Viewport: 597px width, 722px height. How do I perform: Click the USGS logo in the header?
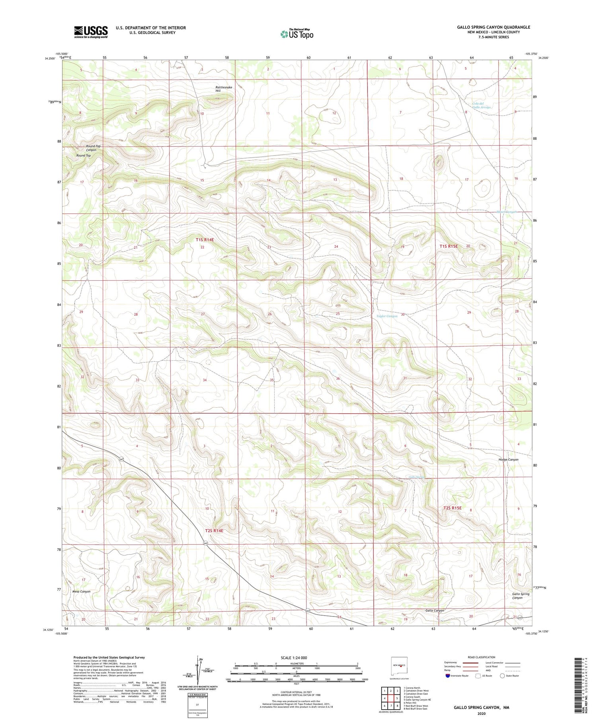(x=91, y=32)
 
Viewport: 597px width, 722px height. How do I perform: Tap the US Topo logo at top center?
(x=297, y=34)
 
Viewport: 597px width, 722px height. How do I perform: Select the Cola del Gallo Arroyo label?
(x=481, y=105)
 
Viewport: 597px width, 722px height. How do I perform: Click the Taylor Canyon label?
(x=387, y=316)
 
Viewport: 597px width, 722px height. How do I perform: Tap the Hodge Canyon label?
(x=508, y=459)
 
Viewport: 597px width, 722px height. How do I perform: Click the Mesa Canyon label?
(x=81, y=591)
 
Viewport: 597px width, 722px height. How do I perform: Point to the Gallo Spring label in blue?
(x=417, y=477)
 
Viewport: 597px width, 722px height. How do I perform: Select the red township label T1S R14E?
(x=205, y=239)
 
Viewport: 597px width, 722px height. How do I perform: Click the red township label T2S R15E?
(x=452, y=508)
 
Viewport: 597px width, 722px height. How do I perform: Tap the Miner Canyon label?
(x=506, y=211)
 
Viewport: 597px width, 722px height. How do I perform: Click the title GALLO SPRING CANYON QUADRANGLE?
(x=493, y=27)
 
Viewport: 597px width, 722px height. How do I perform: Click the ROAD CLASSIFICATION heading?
(x=482, y=657)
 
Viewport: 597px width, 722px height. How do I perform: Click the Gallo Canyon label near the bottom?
(x=435, y=610)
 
